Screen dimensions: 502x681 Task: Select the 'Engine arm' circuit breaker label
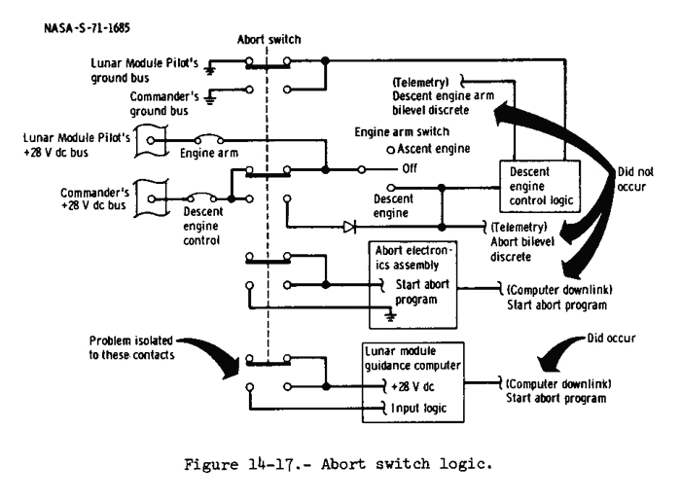208,153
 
